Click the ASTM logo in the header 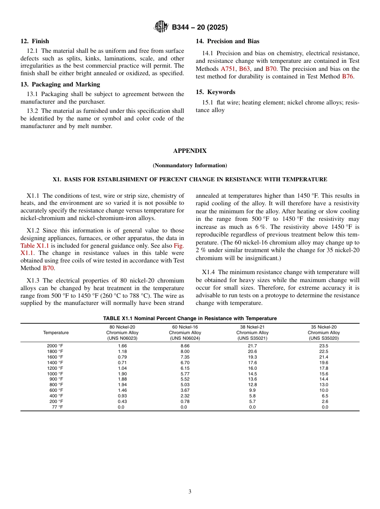[161, 27]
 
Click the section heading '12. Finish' [35, 41]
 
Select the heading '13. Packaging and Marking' [60, 84]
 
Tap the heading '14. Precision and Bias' [227, 41]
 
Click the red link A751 [228, 69]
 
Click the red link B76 [348, 76]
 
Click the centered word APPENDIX [190, 151]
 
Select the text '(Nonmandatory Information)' [190, 165]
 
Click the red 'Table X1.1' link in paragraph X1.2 [34, 246]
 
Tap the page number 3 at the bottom [190, 492]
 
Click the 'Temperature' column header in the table [56, 333]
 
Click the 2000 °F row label [55, 346]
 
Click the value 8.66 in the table [185, 346]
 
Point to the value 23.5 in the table [324, 346]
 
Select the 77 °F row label [57, 407]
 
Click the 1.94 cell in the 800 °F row [122, 385]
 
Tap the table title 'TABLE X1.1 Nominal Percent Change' [190, 319]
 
